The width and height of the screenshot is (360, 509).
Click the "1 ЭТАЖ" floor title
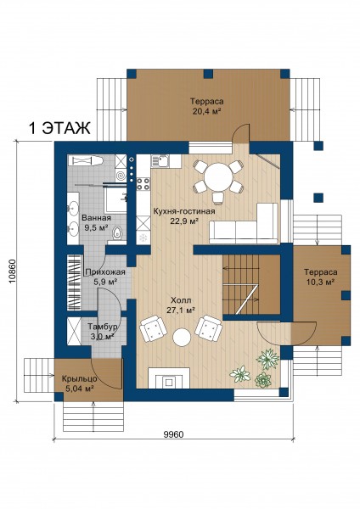coord(59,128)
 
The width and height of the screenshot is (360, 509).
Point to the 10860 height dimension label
coord(12,271)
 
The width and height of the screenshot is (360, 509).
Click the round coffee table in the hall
coord(182,338)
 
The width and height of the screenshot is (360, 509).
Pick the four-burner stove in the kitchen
coord(143,184)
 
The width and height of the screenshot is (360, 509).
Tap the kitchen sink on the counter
coord(161,161)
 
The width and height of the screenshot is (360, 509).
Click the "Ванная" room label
coord(96,218)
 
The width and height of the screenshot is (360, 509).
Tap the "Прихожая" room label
coord(105,272)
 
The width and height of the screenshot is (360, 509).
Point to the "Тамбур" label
coord(103,327)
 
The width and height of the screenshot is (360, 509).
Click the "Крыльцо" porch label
coord(79,379)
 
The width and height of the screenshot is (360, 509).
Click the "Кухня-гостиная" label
coord(184,211)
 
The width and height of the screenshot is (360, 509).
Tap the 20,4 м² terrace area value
coord(207,111)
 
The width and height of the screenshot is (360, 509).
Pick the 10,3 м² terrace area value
coord(320,282)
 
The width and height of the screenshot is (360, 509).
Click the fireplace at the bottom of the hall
coord(169,378)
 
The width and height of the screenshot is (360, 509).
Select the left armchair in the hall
coord(153,328)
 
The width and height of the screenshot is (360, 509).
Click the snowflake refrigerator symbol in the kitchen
coord(143,238)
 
